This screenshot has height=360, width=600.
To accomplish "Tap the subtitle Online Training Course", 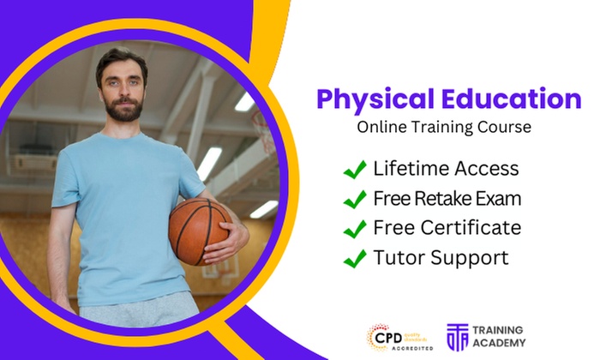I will [444, 127].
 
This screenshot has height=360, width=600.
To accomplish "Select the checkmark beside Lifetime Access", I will [355, 169].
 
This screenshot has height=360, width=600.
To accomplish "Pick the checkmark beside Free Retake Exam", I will [355, 199].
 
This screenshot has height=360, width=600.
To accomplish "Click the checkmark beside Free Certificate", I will [355, 229].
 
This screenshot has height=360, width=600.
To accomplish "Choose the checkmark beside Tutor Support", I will [355, 258].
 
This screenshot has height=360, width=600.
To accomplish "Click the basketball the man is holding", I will [198, 231].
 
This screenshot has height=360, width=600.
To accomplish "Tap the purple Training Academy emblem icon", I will [459, 337].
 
